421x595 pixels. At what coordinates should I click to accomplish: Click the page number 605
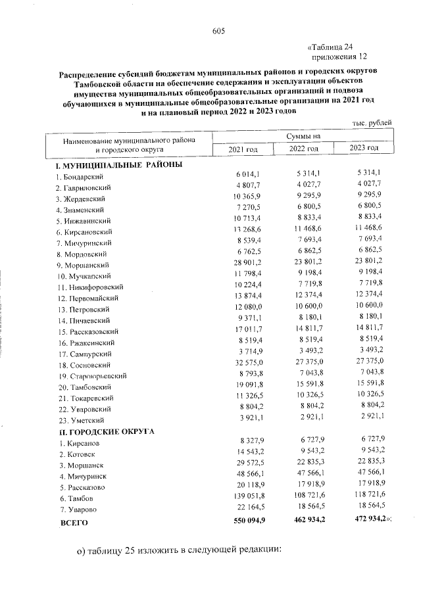(219, 32)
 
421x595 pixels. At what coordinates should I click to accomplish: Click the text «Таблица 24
(332, 47)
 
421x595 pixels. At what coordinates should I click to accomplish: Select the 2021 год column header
(243, 151)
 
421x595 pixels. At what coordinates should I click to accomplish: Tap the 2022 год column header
(304, 150)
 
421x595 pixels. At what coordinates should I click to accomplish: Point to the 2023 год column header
(364, 149)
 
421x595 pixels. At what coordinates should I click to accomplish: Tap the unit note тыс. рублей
(372, 124)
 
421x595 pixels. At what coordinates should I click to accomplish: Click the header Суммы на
(303, 135)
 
